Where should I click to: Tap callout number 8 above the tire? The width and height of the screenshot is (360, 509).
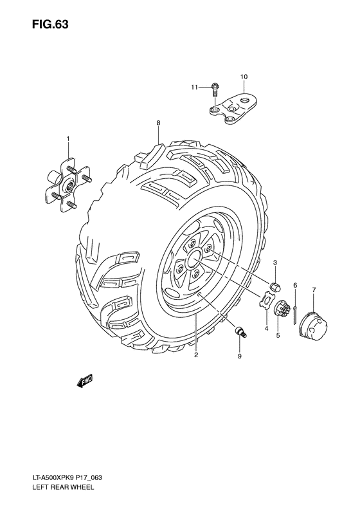[x=157, y=122]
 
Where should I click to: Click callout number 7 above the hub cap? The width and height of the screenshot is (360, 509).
[x=313, y=290]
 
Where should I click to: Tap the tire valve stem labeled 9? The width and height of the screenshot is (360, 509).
[x=240, y=333]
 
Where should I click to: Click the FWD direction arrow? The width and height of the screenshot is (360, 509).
[x=85, y=383]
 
